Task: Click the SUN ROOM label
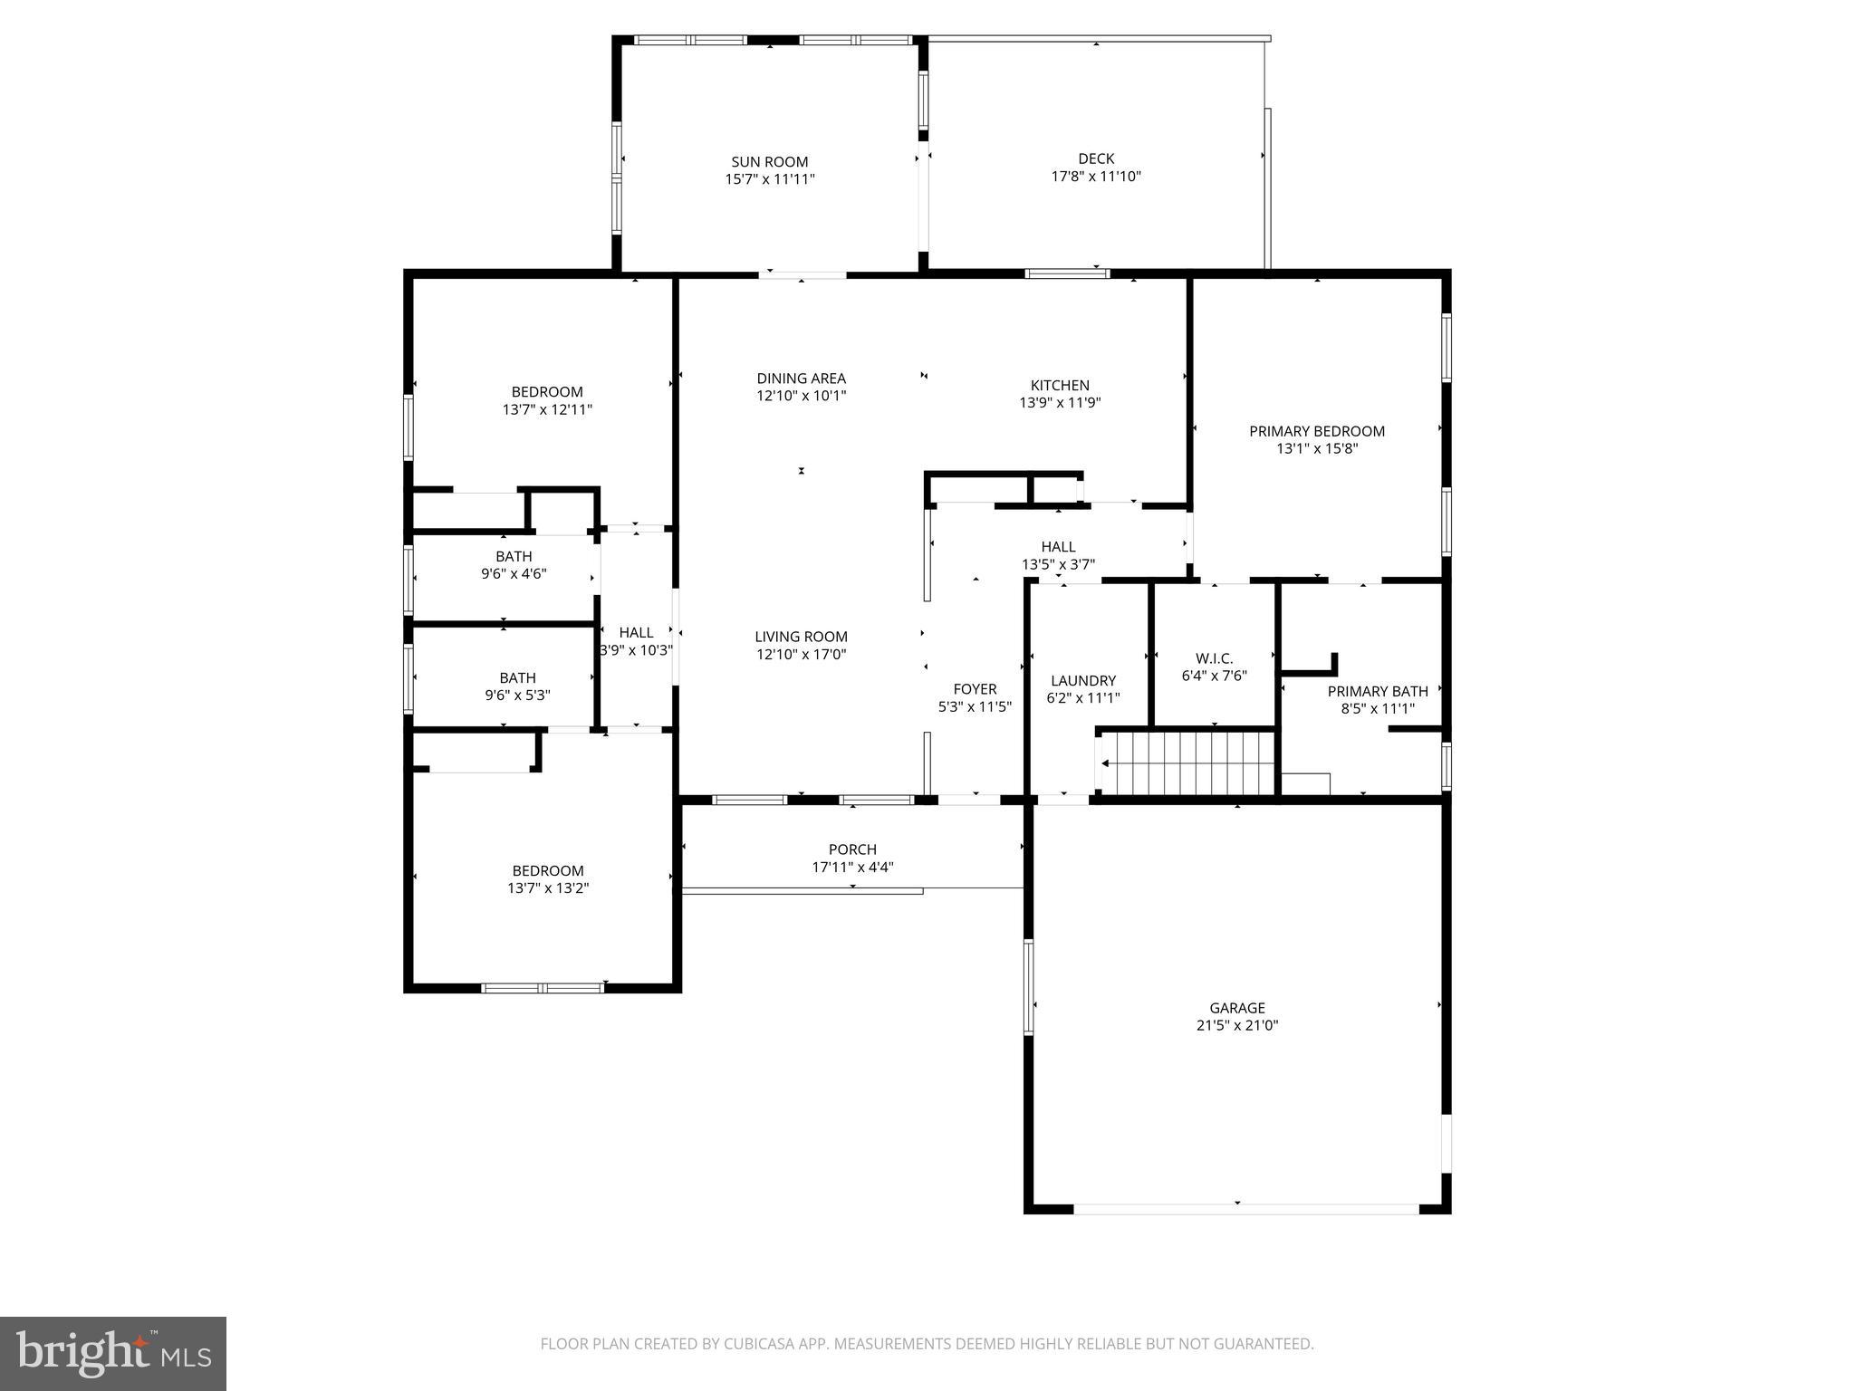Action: coord(769,162)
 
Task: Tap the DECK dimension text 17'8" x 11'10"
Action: coord(1096,177)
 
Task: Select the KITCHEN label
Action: coord(1060,385)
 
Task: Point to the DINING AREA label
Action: coord(801,379)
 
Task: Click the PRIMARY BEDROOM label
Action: coord(1317,431)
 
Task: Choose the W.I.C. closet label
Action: coord(1215,658)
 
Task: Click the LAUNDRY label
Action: coord(1083,680)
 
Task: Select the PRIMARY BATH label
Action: coord(1377,691)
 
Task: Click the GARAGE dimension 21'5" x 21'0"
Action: coord(1237,1025)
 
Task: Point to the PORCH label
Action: coord(852,849)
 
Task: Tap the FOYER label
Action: coord(975,689)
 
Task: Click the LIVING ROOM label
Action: coord(801,637)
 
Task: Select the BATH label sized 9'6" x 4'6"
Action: coord(514,556)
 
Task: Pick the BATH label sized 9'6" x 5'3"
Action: coord(517,677)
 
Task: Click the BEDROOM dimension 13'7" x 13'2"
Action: coord(548,888)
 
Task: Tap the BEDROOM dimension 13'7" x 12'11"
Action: coord(547,409)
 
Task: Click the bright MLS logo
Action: coord(113,1353)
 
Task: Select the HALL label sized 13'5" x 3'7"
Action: coord(1058,546)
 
